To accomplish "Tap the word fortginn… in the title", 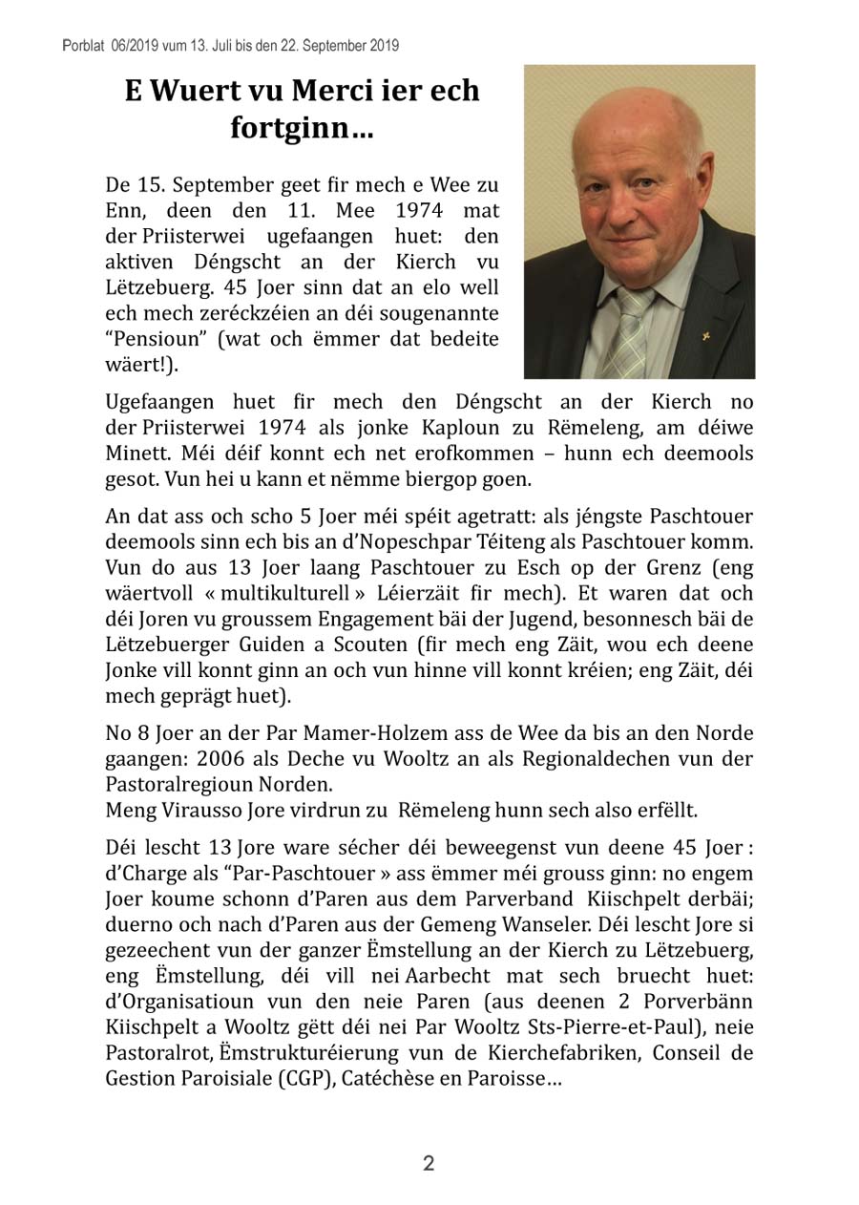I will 302,129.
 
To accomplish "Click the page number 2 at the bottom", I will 429,1163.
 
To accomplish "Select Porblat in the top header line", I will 82,45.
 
